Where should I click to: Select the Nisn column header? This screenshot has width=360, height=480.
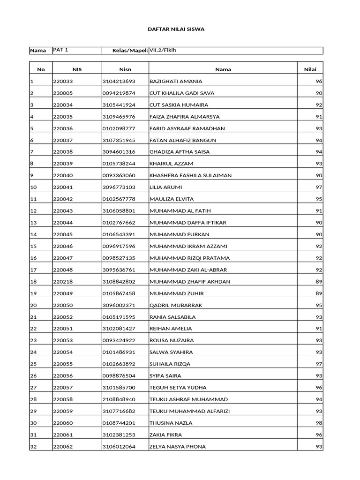tap(125, 69)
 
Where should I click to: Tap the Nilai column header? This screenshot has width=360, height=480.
tap(310, 69)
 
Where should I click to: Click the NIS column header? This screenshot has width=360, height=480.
tap(77, 69)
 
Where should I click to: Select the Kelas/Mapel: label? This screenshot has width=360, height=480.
tap(130, 50)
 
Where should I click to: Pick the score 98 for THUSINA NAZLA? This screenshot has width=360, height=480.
tap(319, 423)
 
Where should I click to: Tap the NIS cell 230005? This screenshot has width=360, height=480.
tap(62, 93)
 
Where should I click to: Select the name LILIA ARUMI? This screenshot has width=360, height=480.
tap(165, 187)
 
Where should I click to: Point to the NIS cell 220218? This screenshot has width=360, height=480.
tap(62, 282)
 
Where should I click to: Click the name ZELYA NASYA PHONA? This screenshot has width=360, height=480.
tap(177, 447)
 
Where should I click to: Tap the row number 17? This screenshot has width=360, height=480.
tap(33, 270)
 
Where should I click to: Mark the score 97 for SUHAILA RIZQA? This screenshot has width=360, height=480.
tap(319, 364)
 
